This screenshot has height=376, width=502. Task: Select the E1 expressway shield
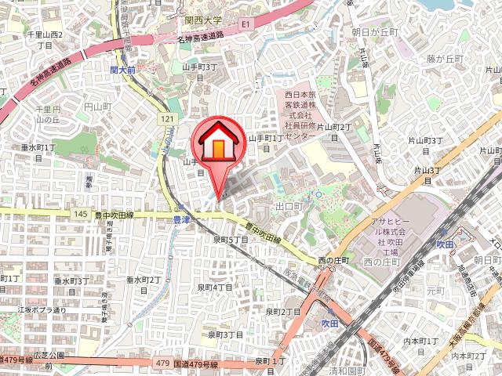coord(245,25)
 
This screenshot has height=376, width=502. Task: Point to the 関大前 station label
coord(123,70)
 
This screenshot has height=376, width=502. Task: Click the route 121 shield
coord(166,118)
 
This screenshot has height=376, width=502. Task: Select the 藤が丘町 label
coord(446,59)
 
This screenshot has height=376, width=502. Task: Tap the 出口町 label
coord(289,206)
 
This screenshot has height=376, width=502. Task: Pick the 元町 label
coord(435,290)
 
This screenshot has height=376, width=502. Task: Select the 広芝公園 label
coord(49,356)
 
